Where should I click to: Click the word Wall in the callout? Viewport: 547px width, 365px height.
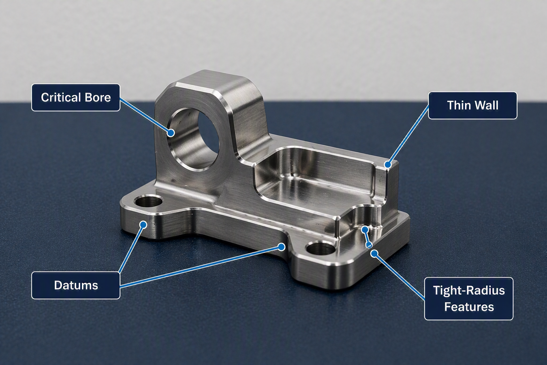[486, 106]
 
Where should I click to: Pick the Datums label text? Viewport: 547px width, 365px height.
[76, 285]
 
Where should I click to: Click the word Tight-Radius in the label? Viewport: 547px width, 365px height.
[469, 291]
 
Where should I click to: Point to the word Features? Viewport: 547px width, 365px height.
[469, 307]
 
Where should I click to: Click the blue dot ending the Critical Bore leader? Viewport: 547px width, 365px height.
[171, 133]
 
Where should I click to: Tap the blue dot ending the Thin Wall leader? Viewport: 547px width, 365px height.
[388, 164]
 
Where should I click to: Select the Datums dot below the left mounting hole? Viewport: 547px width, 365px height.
[144, 225]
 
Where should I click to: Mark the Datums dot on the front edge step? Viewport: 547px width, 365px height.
[282, 247]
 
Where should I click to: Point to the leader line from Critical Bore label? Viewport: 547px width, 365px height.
[145, 115]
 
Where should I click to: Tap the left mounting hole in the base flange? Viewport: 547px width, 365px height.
[148, 201]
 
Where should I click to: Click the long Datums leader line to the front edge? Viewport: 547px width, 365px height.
[200, 267]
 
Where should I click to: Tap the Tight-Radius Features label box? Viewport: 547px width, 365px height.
[469, 298]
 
